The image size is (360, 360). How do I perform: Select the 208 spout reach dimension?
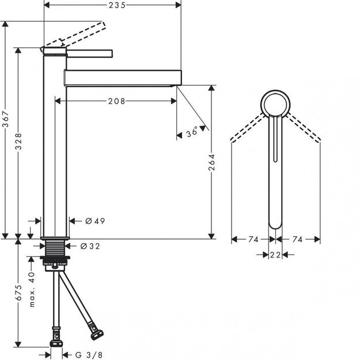pos(117,101)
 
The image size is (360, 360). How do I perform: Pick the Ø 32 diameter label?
pos(90,246)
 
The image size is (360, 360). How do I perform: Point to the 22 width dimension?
pos(276,255)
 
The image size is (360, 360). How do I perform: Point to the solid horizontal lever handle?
pos(89,54)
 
